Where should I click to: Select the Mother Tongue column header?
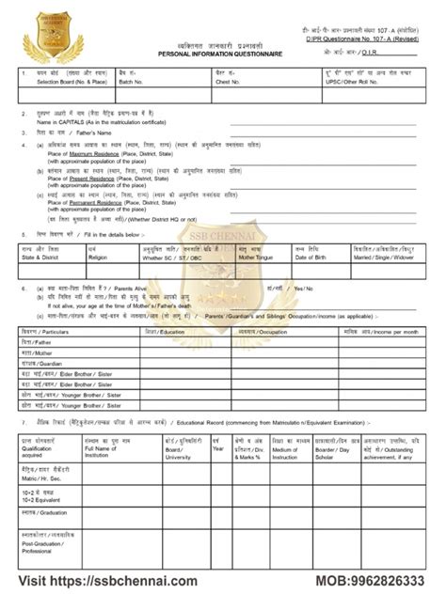[x=256, y=256]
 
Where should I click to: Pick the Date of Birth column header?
[x=311, y=256]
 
